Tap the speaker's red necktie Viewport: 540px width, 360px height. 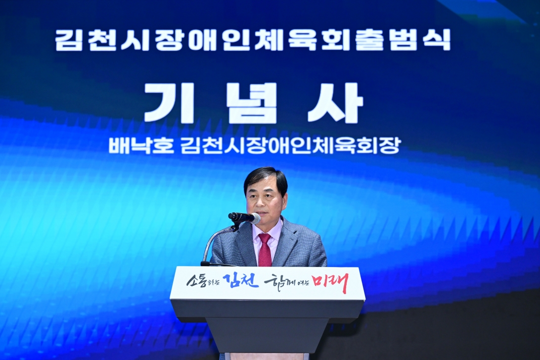265,250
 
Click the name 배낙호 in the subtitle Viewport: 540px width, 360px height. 141,146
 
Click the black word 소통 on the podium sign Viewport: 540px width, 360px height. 198,281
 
